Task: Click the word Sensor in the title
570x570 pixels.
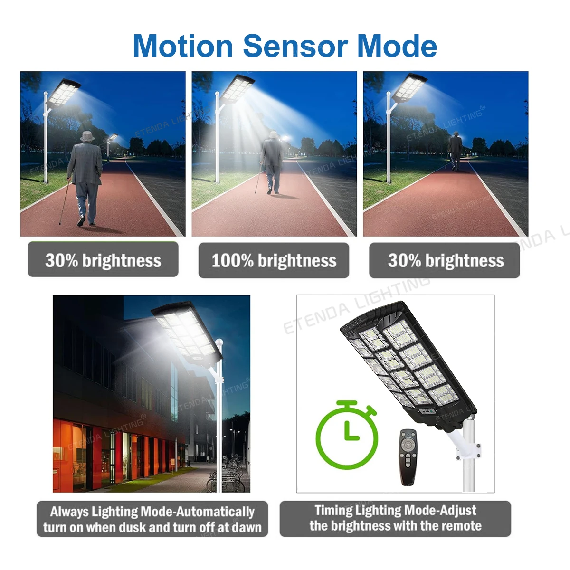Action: (x=295, y=46)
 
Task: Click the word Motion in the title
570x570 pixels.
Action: (x=182, y=46)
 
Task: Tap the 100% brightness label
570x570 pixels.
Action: (x=274, y=260)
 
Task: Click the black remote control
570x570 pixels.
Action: (x=408, y=456)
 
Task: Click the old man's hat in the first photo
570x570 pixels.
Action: (x=87, y=136)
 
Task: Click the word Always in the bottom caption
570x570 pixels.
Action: (x=69, y=512)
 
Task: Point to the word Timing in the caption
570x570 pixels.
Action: (x=333, y=510)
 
